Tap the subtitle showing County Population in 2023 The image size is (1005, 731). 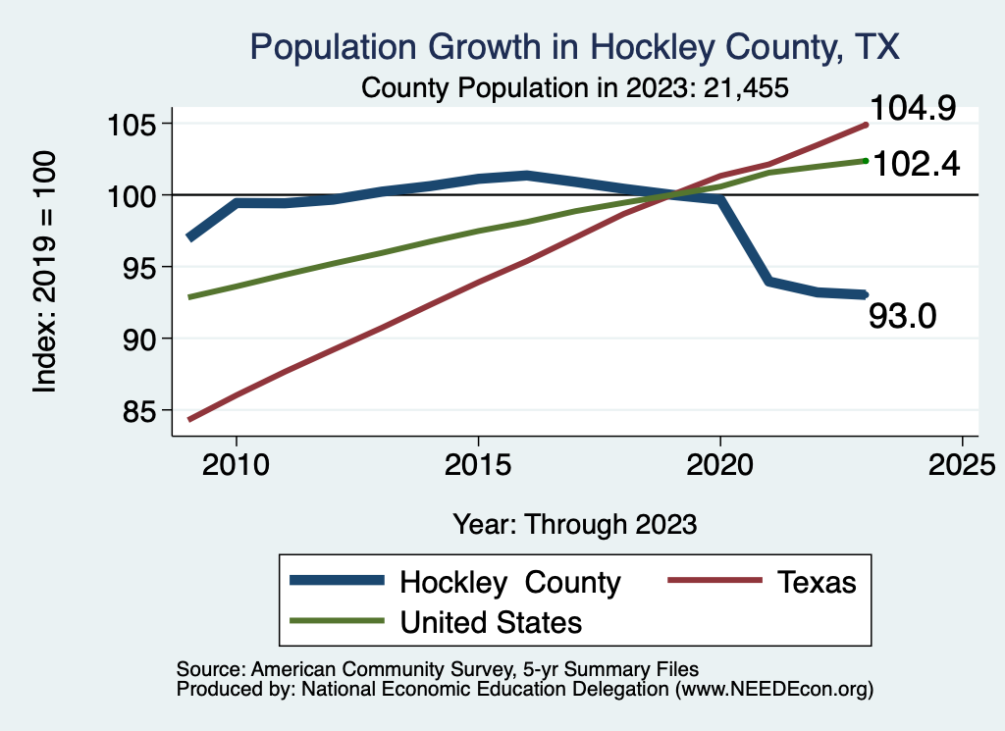click(x=575, y=87)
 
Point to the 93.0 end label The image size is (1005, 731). click(x=903, y=316)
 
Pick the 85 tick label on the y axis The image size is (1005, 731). click(x=139, y=410)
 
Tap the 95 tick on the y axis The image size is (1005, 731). click(x=139, y=267)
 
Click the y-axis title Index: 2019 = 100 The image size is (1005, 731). click(x=45, y=273)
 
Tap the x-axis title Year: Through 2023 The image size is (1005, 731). click(x=575, y=524)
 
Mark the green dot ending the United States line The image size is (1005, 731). click(x=865, y=160)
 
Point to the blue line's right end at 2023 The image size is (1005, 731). click(x=864, y=294)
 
